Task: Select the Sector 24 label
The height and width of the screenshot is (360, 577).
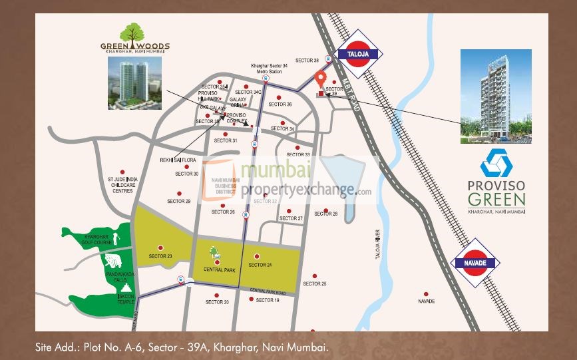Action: pos(260,265)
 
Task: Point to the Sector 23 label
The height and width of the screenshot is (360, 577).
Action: pos(160,256)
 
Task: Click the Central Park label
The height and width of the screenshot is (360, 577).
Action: pos(216,270)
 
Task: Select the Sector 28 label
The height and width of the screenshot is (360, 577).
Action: pos(326,214)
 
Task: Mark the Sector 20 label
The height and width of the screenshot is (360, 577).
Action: pos(217,302)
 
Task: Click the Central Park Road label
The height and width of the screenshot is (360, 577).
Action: pos(268,292)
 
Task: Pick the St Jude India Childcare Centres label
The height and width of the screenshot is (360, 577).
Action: pos(120,185)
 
